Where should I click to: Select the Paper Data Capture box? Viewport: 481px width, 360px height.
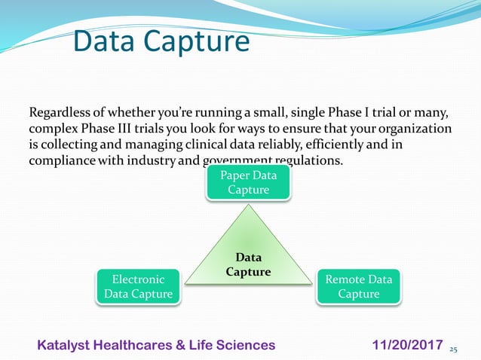click(x=248, y=182)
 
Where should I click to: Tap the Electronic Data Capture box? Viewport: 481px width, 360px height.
click(x=138, y=286)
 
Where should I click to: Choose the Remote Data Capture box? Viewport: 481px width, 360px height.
click(x=358, y=286)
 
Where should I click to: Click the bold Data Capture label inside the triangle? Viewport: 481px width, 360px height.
click(x=249, y=264)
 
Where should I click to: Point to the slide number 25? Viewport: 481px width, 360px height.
click(x=453, y=350)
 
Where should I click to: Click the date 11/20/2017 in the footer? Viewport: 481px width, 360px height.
click(x=408, y=345)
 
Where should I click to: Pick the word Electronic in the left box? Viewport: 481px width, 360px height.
click(x=138, y=279)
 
